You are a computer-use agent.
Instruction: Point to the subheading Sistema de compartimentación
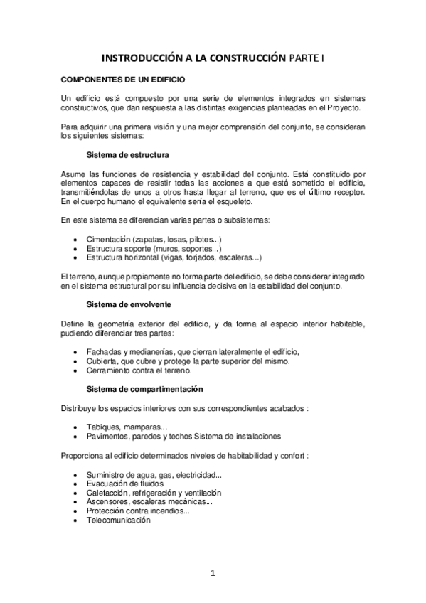(144, 389)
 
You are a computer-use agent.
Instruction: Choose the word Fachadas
(104, 352)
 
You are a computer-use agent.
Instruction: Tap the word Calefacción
(108, 492)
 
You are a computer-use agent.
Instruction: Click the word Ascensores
(109, 501)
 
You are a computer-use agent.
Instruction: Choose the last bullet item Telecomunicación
(119, 520)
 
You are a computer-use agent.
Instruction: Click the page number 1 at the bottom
(213, 574)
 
